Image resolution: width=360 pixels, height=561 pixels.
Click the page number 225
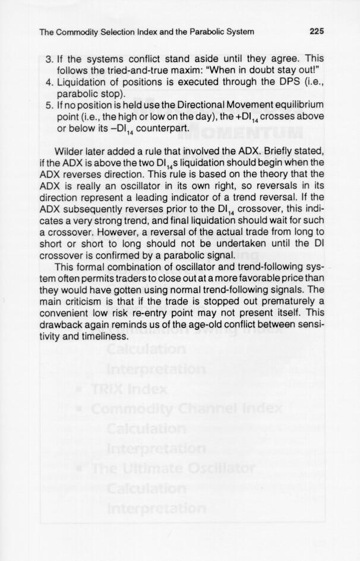tap(316, 31)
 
